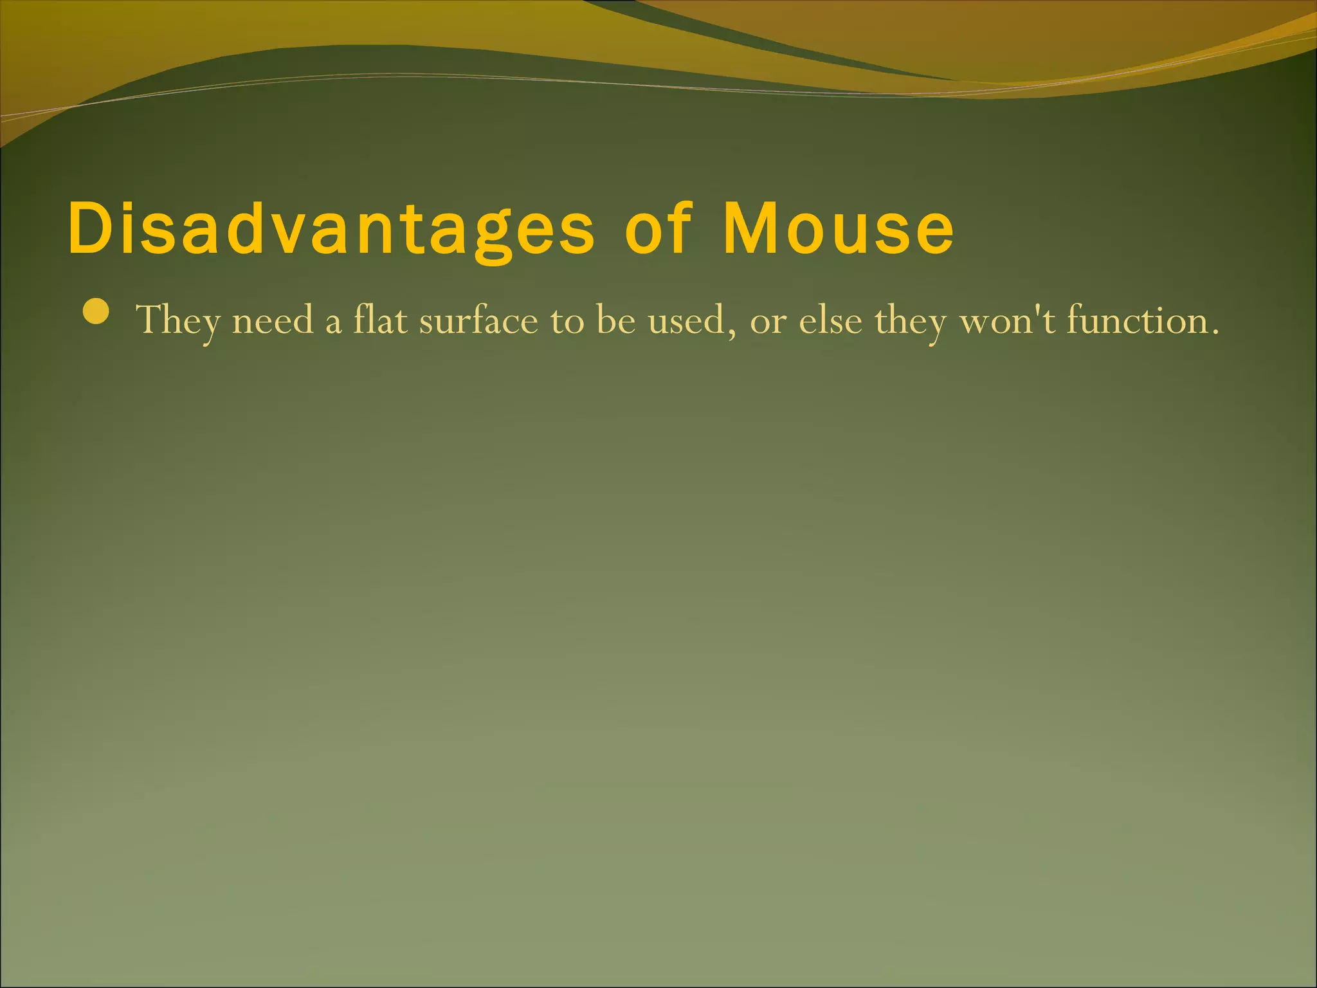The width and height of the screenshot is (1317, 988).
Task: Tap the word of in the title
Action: point(657,228)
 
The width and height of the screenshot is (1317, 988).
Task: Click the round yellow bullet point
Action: point(96,313)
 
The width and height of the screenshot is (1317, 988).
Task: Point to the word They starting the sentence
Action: point(177,320)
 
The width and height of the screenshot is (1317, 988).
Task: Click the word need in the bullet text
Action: point(273,320)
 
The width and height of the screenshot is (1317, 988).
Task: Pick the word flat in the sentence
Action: point(380,319)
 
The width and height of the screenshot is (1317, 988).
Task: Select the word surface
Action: point(478,320)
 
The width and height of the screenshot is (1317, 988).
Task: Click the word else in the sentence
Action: point(830,320)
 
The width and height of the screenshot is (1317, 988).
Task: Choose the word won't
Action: point(1008,320)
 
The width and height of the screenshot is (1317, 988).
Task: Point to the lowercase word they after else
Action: point(911,320)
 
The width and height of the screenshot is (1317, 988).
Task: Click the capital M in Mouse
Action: point(747,228)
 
